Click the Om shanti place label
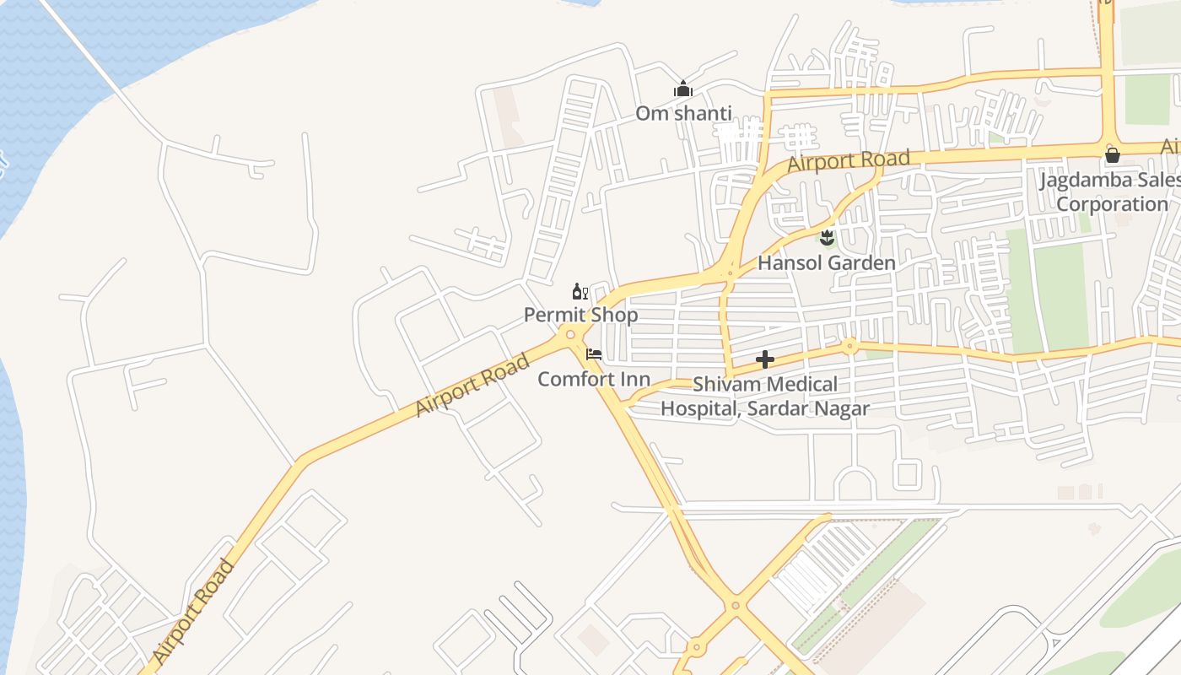683,113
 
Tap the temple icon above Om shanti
682,89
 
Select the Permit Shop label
580,315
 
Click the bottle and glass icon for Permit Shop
580,292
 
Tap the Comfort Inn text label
594,379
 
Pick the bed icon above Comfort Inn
594,354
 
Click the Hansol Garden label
826,263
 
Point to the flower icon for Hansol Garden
827,238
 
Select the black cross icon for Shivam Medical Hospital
765,360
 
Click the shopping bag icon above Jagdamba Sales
1113,155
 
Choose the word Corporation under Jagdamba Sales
1112,204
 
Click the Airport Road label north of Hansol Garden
849,160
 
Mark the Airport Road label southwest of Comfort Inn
472,385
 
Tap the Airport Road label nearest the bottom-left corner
193,613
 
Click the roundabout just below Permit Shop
571,335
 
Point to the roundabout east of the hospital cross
849,345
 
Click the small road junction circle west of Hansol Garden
730,273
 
